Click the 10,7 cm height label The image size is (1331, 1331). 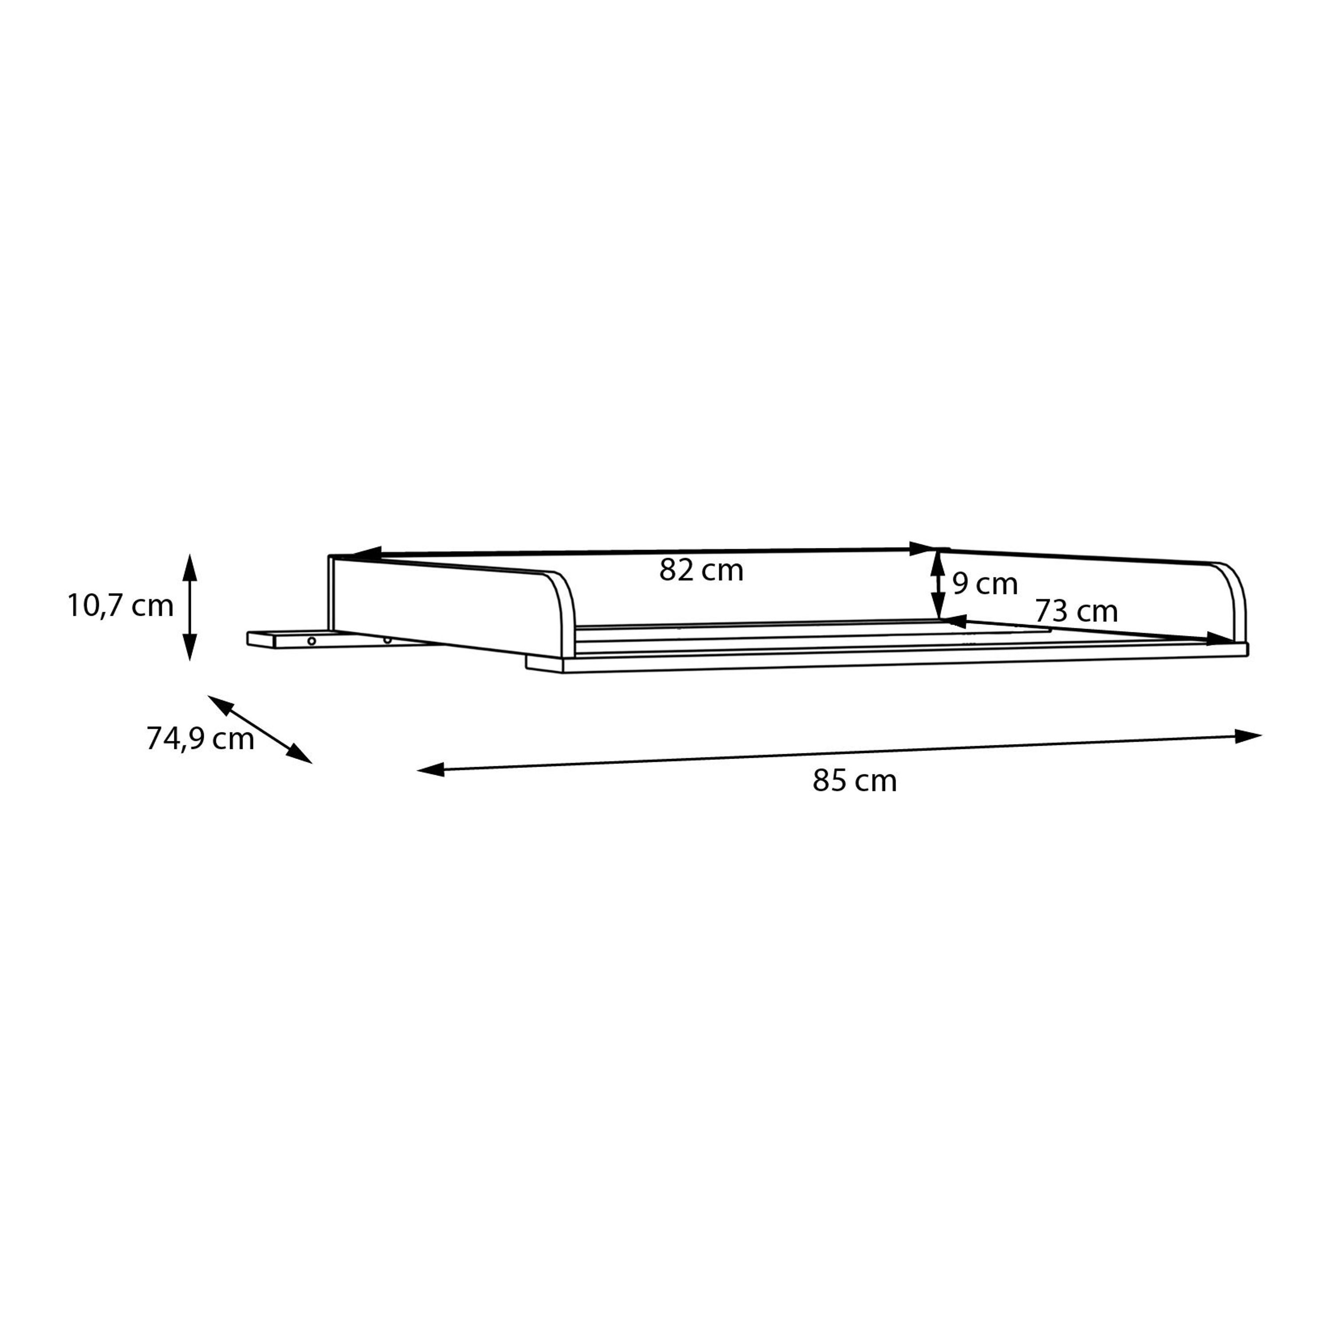pyautogui.click(x=121, y=606)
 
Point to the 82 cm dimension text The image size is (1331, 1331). pyautogui.click(x=701, y=571)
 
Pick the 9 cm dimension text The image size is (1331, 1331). pyautogui.click(x=985, y=584)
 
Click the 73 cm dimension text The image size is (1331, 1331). pyautogui.click(x=1076, y=611)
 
